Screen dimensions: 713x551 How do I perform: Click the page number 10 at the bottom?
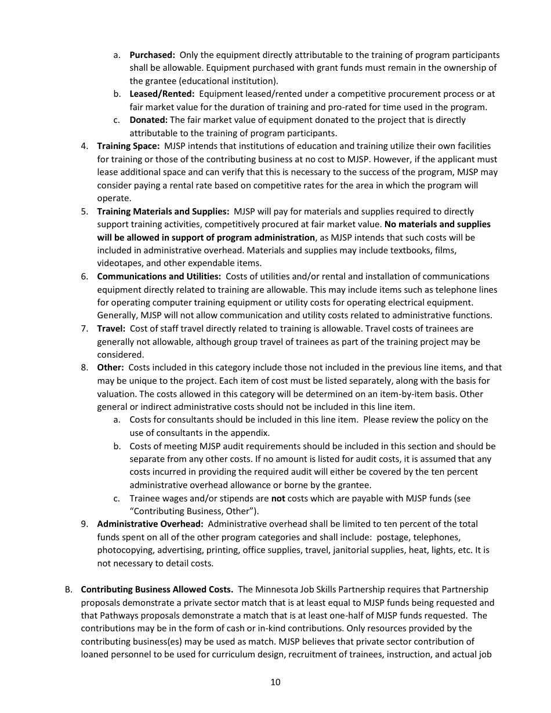(275, 682)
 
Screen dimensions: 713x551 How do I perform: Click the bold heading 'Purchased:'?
(152, 55)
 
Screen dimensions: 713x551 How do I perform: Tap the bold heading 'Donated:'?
(148, 120)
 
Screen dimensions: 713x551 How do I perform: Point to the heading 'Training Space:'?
(128, 146)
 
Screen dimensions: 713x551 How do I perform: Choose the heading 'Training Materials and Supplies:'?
(163, 212)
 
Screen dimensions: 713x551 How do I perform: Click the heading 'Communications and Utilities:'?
(159, 277)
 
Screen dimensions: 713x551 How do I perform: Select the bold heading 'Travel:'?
(111, 329)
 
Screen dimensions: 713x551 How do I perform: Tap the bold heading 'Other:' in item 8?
(110, 368)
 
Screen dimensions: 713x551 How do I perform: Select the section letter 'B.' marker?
(68, 590)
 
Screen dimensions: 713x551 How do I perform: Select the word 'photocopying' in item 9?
(122, 550)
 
